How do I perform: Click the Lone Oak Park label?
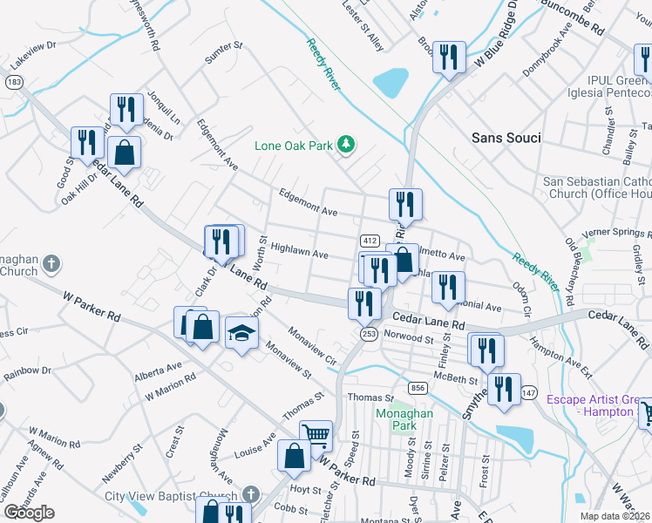[x=293, y=146]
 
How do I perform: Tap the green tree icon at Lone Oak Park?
[x=347, y=144]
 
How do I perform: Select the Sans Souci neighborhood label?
[x=506, y=138]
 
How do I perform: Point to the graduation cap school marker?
[x=241, y=333]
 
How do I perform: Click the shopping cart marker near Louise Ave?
[x=316, y=434]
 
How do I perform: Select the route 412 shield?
[x=370, y=241]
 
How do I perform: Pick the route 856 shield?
[x=418, y=387]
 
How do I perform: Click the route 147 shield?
[x=527, y=394]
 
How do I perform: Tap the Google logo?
[x=29, y=513]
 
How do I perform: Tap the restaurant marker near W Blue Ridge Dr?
[x=449, y=57]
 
